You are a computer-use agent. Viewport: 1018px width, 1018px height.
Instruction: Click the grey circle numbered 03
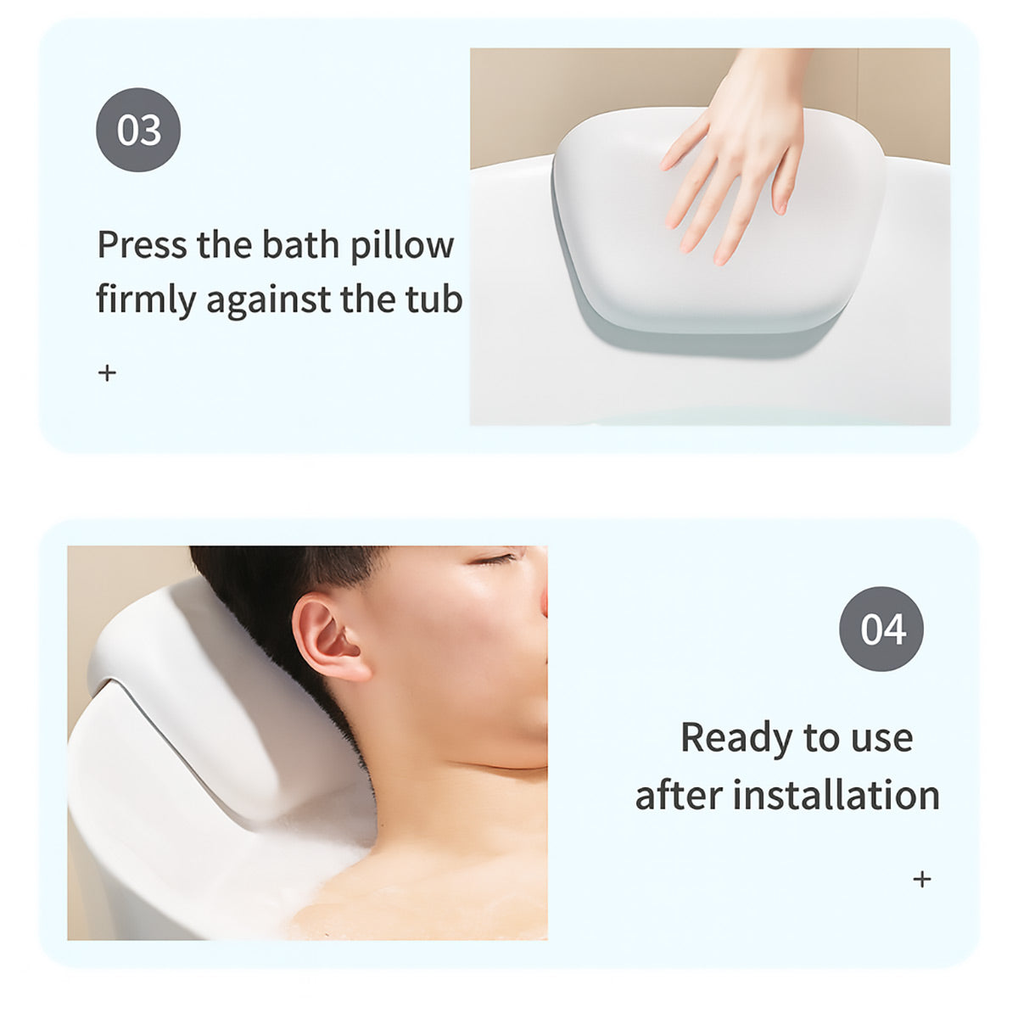138,130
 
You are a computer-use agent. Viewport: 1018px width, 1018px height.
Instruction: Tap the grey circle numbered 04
881,629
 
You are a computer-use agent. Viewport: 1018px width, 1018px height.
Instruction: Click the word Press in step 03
143,244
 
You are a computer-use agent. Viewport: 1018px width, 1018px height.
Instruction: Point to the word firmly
146,299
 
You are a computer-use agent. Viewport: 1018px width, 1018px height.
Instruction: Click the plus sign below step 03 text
107,373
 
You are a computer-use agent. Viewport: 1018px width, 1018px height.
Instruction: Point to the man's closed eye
494,558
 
